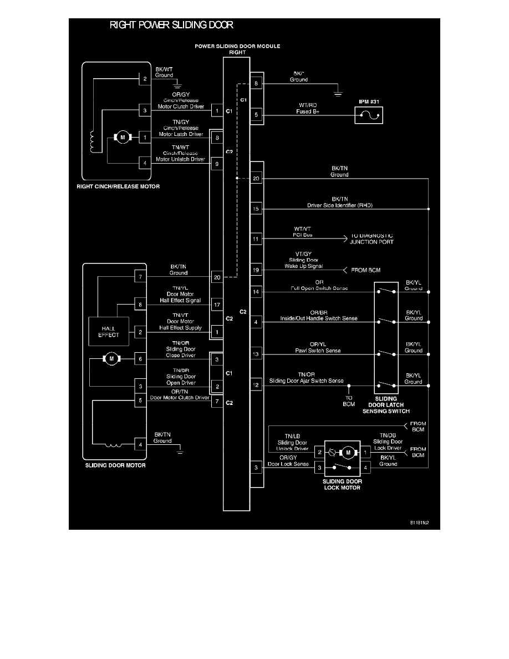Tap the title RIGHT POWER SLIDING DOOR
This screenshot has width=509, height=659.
(171, 25)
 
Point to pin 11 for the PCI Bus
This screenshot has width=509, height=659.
(256, 239)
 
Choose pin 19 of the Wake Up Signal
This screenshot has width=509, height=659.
(256, 270)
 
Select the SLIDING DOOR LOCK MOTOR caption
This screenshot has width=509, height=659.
(342, 484)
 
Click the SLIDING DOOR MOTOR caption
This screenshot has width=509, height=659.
(115, 465)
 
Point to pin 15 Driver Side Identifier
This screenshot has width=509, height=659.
(256, 209)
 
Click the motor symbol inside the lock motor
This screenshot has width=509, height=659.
(348, 452)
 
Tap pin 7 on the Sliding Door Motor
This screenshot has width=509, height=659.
(141, 276)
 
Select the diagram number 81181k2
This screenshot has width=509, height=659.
(420, 523)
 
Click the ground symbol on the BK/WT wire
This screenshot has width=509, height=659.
(179, 86)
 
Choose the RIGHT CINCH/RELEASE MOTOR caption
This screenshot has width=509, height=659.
(118, 186)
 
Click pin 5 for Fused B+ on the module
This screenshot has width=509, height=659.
(256, 115)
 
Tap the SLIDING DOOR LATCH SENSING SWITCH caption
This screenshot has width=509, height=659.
(386, 405)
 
